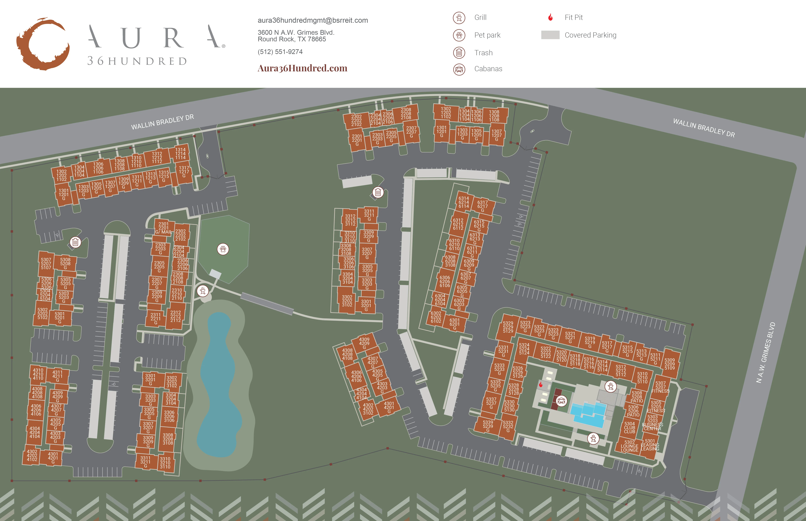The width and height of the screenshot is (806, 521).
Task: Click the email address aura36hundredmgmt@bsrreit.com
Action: (x=313, y=20)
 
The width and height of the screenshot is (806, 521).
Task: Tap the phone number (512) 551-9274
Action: (x=280, y=52)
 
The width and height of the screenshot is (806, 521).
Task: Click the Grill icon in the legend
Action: (x=459, y=17)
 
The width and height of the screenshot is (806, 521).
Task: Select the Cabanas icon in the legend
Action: (x=459, y=69)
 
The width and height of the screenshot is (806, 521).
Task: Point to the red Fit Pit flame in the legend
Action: (x=550, y=17)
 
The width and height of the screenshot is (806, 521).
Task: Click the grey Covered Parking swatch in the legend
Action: (x=550, y=35)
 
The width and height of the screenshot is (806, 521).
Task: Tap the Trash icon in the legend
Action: (x=459, y=52)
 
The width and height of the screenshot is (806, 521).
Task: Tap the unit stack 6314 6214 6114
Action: (x=464, y=202)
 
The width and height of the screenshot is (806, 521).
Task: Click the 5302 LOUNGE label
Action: (x=629, y=446)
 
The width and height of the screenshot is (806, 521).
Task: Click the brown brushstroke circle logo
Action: (x=43, y=44)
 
